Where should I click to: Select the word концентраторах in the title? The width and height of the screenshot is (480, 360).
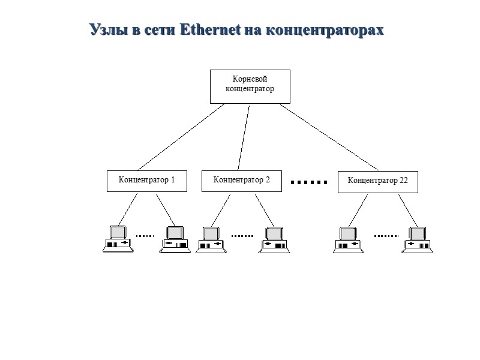[325, 29]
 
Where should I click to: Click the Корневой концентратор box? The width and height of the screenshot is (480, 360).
[250, 86]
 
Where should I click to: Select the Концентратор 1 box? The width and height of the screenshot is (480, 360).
[146, 181]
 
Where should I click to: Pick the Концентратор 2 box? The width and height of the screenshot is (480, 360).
[241, 180]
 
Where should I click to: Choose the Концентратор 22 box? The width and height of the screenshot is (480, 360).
[377, 182]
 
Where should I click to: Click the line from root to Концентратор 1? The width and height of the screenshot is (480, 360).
[180, 137]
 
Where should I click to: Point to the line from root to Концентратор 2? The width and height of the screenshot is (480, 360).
[244, 137]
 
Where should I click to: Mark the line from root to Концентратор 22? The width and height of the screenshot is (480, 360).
[328, 137]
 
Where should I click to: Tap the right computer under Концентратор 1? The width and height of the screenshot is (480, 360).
[175, 239]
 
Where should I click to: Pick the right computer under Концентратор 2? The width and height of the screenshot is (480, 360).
[275, 239]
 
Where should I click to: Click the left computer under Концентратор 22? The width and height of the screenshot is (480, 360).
[349, 239]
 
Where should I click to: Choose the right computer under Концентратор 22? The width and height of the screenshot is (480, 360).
[417, 239]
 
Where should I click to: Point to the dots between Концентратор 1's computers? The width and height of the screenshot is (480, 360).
[145, 236]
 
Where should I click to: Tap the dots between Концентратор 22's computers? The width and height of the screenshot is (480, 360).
[386, 236]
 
